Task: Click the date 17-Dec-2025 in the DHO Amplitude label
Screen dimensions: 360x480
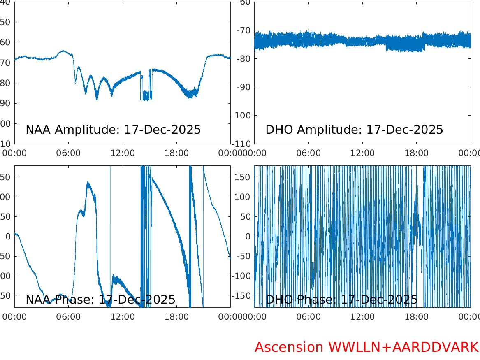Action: pyautogui.click(x=405, y=130)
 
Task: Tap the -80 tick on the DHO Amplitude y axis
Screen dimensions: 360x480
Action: pyautogui.click(x=243, y=58)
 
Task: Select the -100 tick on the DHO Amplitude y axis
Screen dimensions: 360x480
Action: pyautogui.click(x=241, y=115)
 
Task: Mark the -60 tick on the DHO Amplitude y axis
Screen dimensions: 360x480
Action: pyautogui.click(x=243, y=2)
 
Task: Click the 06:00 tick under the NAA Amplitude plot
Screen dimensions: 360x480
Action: pyautogui.click(x=68, y=153)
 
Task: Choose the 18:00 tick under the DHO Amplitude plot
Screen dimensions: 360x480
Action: pyautogui.click(x=416, y=153)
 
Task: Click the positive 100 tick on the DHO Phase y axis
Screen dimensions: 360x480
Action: pyautogui.click(x=243, y=197)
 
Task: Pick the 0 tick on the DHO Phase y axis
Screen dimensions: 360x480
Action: pyautogui.click(x=248, y=237)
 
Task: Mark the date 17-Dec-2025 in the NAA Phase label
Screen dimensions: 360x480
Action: pyautogui.click(x=137, y=300)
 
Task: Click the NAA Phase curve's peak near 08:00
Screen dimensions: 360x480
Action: pyautogui.click(x=88, y=183)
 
